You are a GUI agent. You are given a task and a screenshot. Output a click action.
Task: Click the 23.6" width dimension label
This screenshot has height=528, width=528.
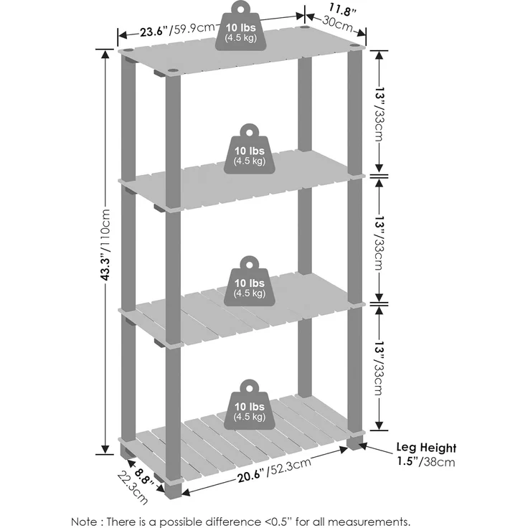click(154, 32)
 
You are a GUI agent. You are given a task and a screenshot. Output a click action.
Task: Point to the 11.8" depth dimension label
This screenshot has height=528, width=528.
click(342, 10)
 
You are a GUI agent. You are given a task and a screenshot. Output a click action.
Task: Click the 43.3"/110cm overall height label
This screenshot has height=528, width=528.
click(105, 245)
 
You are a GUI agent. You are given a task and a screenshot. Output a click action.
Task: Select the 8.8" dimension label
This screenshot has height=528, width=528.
click(144, 476)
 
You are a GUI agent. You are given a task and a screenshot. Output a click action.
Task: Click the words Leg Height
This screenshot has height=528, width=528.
click(426, 448)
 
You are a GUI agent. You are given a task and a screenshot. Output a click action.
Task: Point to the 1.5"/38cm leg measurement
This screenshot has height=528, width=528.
click(426, 461)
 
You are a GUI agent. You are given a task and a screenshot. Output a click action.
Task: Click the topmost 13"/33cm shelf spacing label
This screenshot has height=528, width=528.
click(379, 115)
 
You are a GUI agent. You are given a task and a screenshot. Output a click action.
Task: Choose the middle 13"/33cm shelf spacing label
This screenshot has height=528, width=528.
click(379, 243)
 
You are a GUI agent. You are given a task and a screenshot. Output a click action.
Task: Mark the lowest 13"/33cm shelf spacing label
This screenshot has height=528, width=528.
click(379, 369)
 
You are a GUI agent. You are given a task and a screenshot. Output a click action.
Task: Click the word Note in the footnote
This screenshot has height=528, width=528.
click(84, 522)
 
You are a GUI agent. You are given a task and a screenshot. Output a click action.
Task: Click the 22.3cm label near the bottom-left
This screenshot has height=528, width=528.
click(132, 488)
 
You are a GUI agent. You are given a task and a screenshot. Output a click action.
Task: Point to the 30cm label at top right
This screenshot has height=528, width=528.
click(337, 23)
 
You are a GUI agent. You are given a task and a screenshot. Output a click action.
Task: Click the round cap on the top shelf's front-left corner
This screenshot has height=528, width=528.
click(128, 50)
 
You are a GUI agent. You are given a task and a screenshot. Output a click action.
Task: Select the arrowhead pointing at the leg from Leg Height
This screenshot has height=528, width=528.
click(363, 445)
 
